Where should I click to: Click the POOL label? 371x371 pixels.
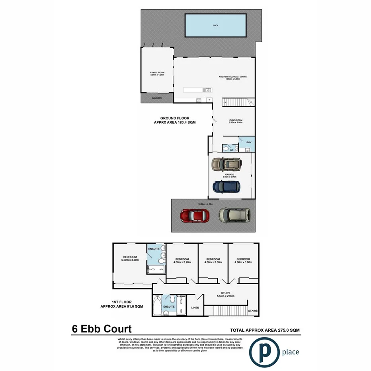(x=216, y=25)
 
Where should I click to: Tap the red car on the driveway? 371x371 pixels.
(x=192, y=215)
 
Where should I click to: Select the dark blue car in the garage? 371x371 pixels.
(x=226, y=186)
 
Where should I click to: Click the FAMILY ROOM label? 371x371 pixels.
(x=157, y=74)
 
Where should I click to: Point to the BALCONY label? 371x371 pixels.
(x=157, y=98)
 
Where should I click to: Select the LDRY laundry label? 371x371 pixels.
(x=249, y=142)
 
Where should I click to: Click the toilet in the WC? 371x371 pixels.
(x=227, y=148)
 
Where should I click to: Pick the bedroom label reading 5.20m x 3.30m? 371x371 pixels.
(x=130, y=258)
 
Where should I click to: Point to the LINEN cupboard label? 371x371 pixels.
(x=195, y=308)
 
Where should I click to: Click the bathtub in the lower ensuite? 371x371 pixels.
(x=157, y=306)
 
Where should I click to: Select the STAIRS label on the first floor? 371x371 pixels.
(x=252, y=310)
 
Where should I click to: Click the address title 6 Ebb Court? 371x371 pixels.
(x=102, y=329)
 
